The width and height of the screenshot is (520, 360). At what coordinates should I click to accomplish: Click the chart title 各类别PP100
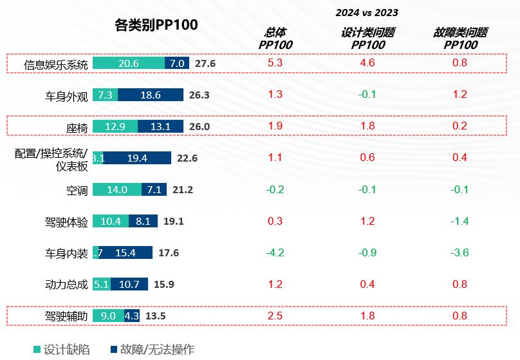click(156, 24)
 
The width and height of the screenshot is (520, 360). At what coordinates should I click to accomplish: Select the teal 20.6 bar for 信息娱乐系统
click(129, 63)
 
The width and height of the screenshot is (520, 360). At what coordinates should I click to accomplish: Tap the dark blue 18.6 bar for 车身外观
click(151, 95)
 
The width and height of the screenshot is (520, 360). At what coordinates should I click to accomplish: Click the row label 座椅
click(77, 128)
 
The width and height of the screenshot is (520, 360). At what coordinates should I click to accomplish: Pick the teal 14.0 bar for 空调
click(117, 189)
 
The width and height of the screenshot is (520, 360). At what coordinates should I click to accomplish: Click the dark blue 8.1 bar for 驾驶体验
click(143, 221)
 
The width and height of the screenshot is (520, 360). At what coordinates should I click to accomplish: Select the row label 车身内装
click(66, 253)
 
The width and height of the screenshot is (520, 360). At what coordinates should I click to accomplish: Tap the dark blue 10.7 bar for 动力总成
click(129, 284)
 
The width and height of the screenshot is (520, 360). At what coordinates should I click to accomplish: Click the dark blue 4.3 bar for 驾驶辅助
click(132, 316)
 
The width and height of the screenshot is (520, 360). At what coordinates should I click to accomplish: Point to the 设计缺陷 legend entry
click(62, 350)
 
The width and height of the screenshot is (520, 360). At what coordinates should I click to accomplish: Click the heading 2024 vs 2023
click(367, 12)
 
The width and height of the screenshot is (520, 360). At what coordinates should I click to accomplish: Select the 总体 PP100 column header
click(275, 38)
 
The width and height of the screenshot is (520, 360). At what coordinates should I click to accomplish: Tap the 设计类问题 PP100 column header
click(367, 38)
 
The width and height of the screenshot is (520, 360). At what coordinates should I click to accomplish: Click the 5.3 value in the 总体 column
click(275, 63)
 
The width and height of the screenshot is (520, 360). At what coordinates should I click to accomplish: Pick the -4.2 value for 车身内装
click(275, 252)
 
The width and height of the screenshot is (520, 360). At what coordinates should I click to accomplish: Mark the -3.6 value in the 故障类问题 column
click(460, 252)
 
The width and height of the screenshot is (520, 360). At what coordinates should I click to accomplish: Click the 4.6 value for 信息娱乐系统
click(367, 63)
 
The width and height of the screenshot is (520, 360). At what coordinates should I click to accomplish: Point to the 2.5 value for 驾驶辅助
click(275, 316)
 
